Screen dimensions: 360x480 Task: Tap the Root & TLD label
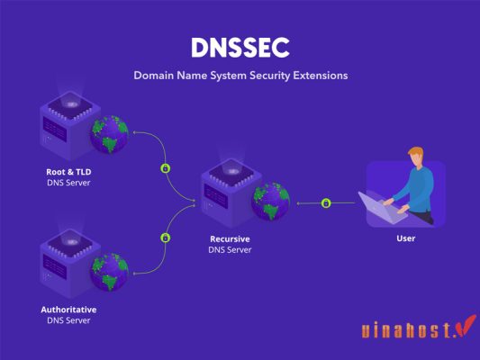click(69, 171)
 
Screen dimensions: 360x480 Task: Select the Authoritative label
click(68, 309)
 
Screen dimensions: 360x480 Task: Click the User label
click(405, 239)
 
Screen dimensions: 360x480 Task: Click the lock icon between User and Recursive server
click(326, 202)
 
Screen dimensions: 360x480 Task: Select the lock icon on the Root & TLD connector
click(165, 167)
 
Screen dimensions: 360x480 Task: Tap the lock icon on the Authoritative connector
click(165, 238)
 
